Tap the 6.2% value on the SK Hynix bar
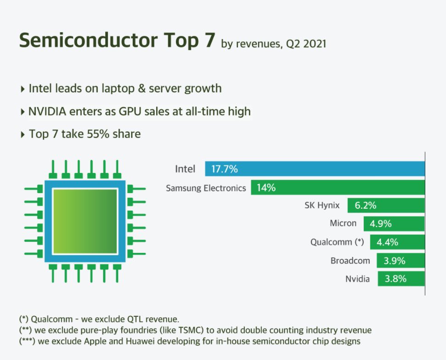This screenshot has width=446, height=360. click(x=365, y=206)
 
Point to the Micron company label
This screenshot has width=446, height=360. click(x=343, y=223)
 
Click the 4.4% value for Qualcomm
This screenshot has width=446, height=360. click(x=387, y=242)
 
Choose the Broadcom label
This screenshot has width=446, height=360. click(x=350, y=261)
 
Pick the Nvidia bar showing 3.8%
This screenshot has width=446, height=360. click(x=401, y=279)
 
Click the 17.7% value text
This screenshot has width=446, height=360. click(x=224, y=169)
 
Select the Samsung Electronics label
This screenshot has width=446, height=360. click(x=206, y=188)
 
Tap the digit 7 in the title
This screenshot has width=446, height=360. click(x=208, y=40)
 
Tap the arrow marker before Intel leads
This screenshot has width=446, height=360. click(x=23, y=89)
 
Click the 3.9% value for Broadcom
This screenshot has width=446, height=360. click(x=394, y=261)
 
